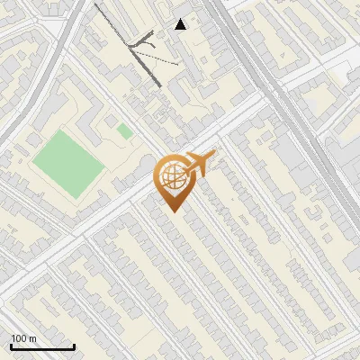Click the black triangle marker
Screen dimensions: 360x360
pyautogui.click(x=181, y=24)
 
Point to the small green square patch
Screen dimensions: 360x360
pyautogui.click(x=124, y=132)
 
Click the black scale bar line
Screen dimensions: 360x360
pyautogui.click(x=42, y=346)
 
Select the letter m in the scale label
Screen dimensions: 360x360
pyautogui.click(x=33, y=338)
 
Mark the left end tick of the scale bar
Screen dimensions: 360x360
pyautogui.click(x=11, y=345)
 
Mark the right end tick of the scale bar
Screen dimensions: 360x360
pyautogui.click(x=74, y=345)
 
